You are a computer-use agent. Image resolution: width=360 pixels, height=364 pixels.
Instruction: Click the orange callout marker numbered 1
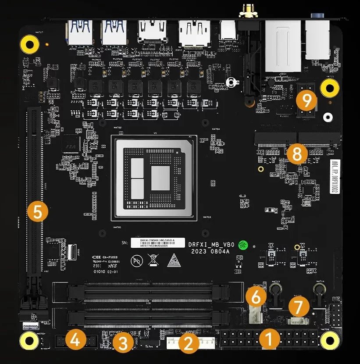coord(268,339)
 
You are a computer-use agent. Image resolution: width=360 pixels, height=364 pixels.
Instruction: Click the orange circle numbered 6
coord(257,298)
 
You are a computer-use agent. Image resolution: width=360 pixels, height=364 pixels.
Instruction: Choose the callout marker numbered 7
coord(298,307)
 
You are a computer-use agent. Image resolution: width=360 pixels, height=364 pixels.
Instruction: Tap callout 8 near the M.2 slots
coord(297,153)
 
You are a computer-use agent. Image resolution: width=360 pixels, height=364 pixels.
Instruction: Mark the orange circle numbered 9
coord(307,100)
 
